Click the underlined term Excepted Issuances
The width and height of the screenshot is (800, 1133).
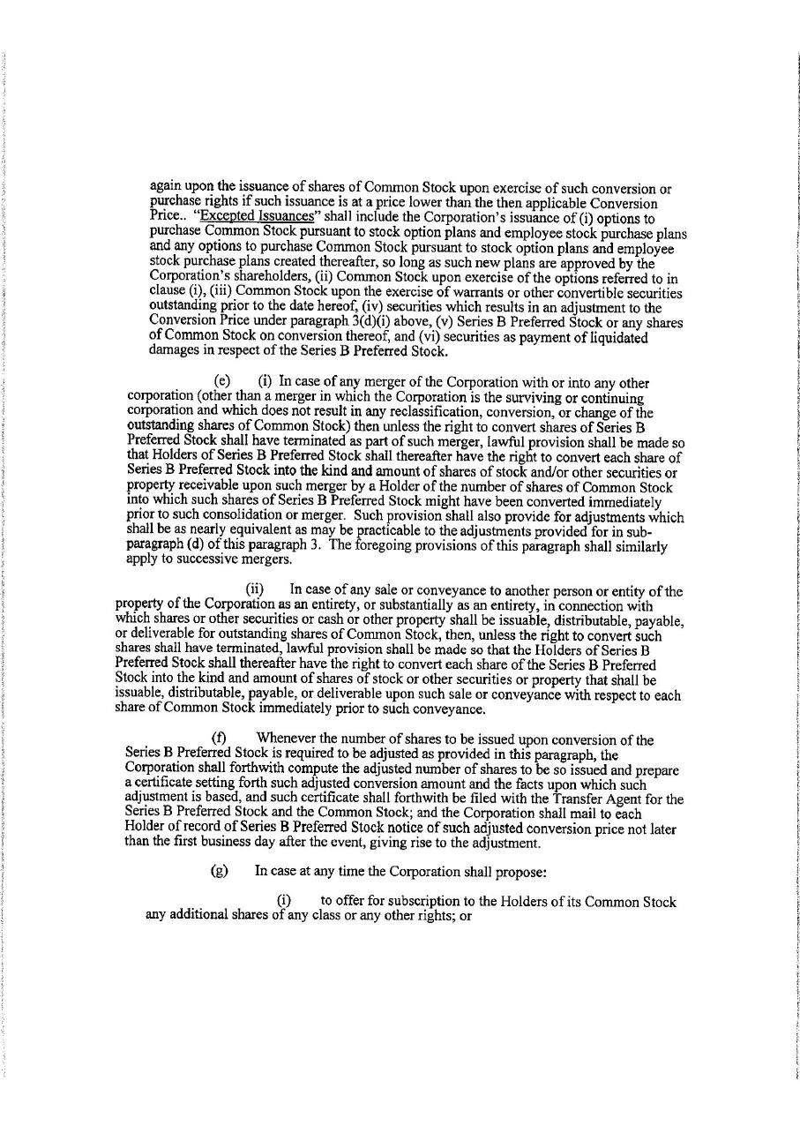(x=257, y=217)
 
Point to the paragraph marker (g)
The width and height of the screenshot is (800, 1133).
(x=220, y=871)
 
